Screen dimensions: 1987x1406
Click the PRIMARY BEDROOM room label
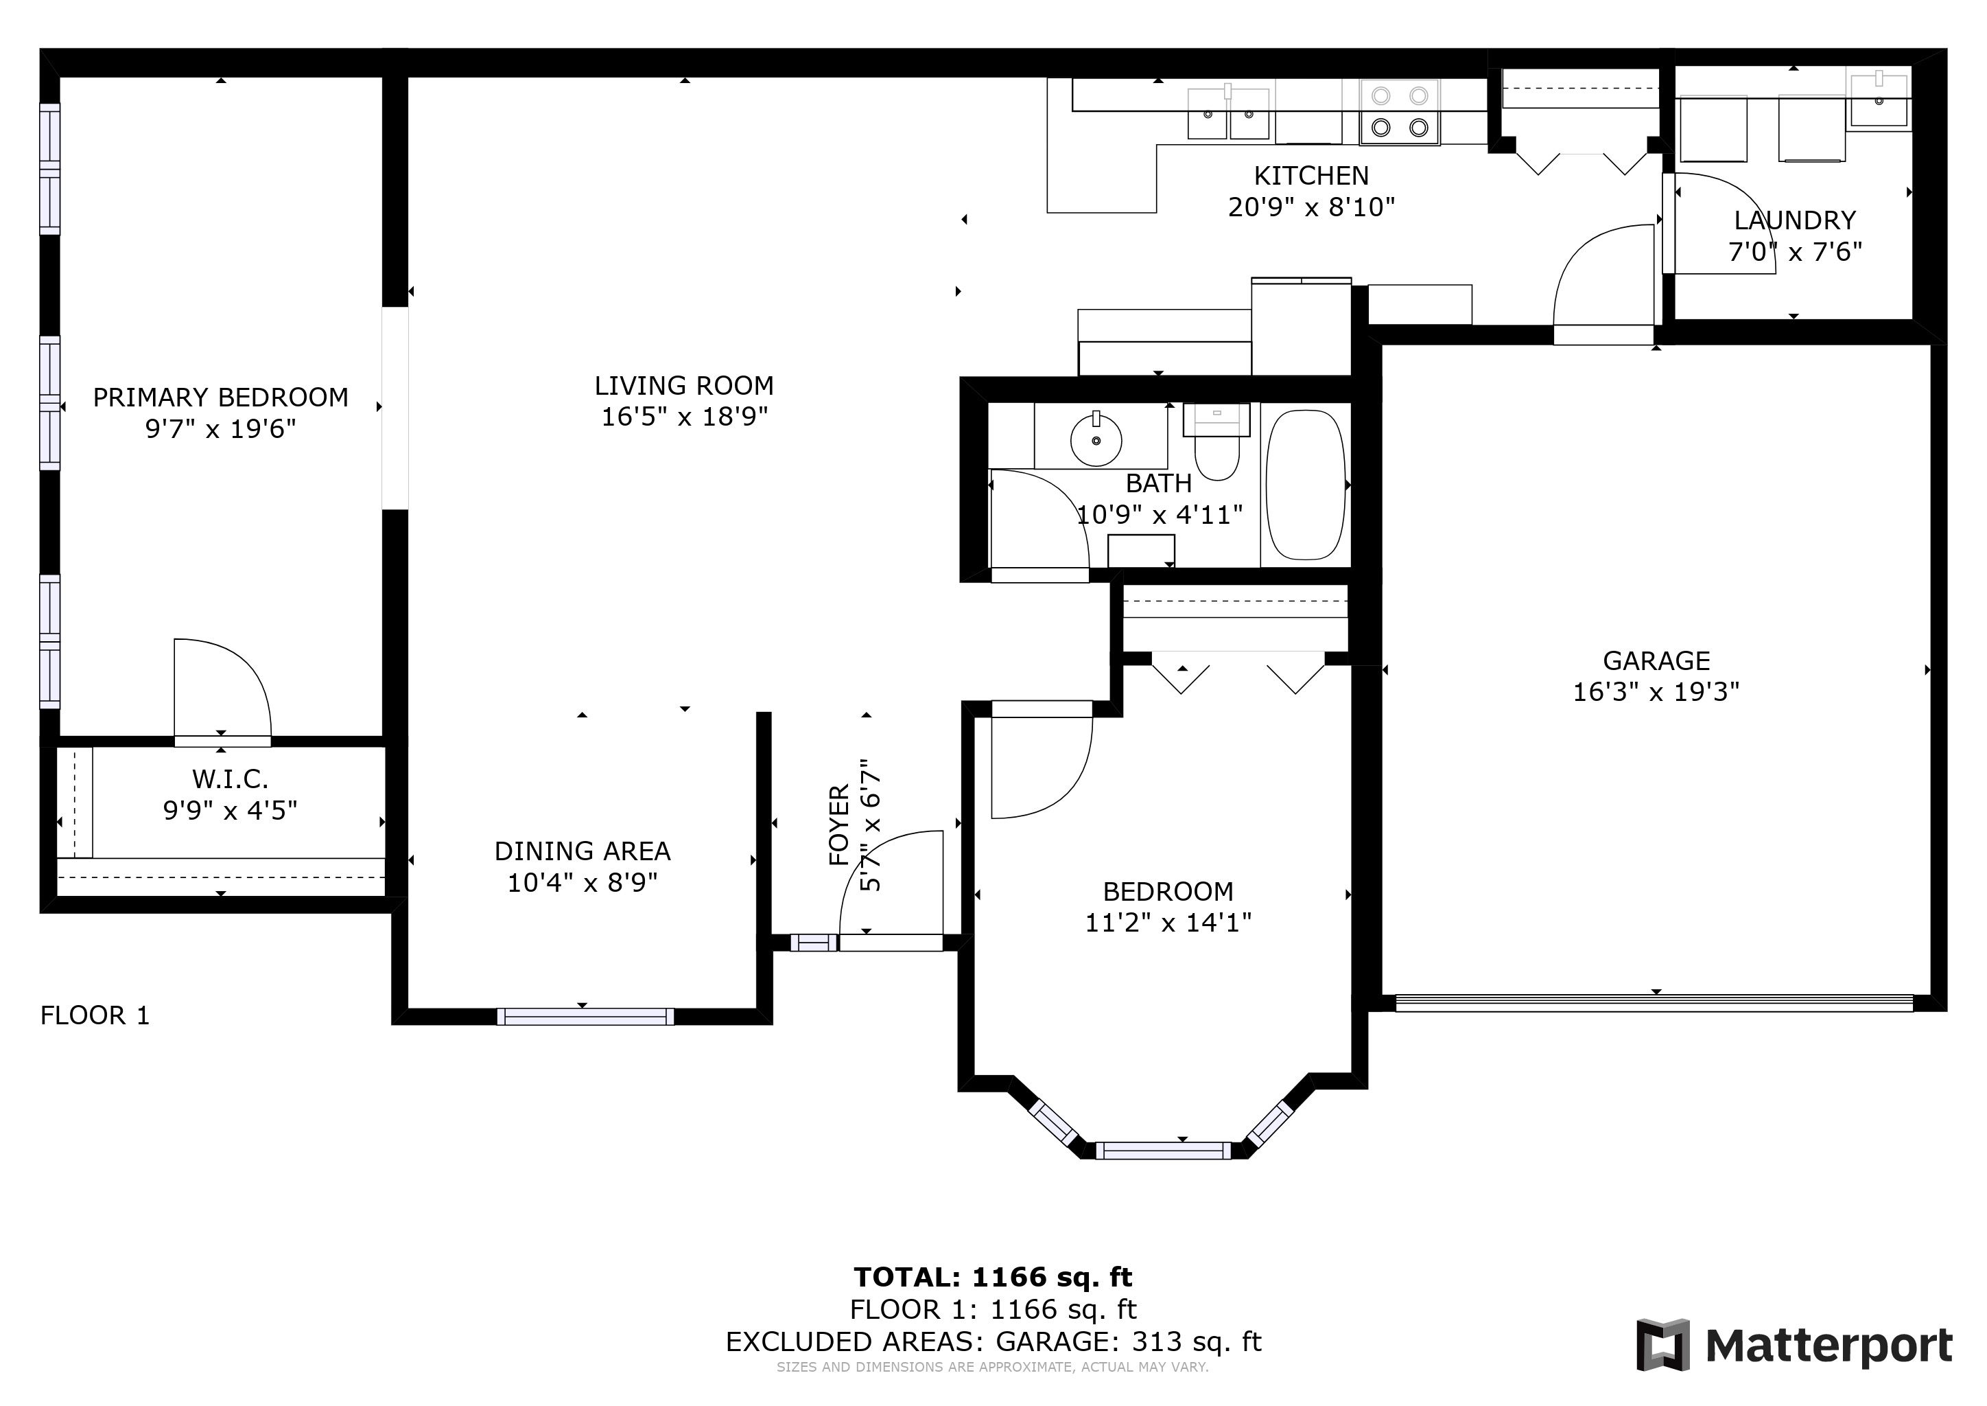(x=221, y=397)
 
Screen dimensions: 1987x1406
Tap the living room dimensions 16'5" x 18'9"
(x=685, y=417)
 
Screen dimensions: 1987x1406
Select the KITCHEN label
(x=1311, y=176)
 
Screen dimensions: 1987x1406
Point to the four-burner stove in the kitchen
(x=1400, y=112)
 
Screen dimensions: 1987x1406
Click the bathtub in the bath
(x=1305, y=485)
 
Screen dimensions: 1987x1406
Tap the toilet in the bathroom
(x=1216, y=442)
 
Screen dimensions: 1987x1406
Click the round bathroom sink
(x=1096, y=440)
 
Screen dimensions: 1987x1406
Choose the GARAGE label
(x=1656, y=660)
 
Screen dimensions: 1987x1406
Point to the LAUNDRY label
(x=1795, y=220)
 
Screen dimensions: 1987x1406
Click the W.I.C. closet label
(x=231, y=779)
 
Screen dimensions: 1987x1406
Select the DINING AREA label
(x=583, y=851)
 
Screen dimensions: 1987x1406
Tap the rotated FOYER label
(x=839, y=825)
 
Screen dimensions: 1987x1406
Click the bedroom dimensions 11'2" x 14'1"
(x=1168, y=922)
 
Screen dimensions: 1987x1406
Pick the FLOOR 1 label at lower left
(x=95, y=1015)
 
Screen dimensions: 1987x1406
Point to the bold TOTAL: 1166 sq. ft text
(x=993, y=1277)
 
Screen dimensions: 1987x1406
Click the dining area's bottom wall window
(x=585, y=1017)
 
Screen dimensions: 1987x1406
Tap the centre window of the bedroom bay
(x=1163, y=1151)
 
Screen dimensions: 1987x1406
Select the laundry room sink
(x=1879, y=102)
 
